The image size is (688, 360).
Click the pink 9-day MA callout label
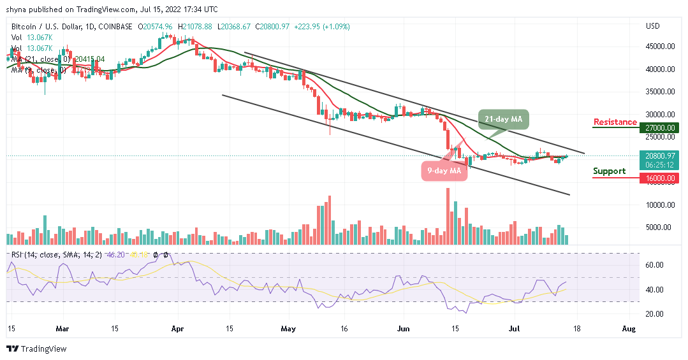[x=443, y=171]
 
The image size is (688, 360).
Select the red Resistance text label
[x=615, y=122]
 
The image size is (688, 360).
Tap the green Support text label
[x=609, y=171]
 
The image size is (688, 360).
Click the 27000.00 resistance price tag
[x=659, y=127]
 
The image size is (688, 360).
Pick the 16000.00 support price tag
[x=659, y=178]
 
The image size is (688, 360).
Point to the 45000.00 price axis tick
[x=660, y=47]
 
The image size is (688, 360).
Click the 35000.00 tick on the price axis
[x=660, y=92]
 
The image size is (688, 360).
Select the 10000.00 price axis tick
[x=660, y=205]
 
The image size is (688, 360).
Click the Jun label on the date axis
[x=403, y=329]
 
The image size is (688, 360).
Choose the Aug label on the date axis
[x=629, y=329]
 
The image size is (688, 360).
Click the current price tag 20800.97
[x=659, y=155]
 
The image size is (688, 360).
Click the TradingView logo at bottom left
[x=36, y=349]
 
